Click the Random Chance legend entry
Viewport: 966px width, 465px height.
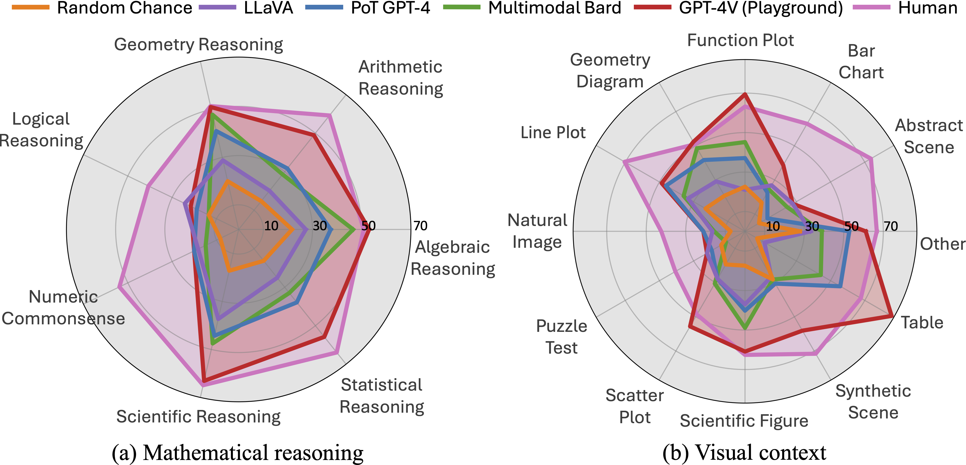point(102,8)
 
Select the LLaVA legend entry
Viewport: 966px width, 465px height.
point(246,8)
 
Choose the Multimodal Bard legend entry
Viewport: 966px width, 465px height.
point(532,8)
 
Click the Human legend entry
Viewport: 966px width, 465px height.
point(905,8)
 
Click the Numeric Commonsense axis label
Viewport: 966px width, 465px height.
point(63,307)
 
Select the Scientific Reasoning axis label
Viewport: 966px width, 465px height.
point(198,417)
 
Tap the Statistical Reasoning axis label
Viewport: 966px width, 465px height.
point(382,396)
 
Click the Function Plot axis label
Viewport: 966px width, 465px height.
point(740,40)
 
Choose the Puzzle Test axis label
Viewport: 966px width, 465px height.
point(561,337)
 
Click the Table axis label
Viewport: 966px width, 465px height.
point(922,322)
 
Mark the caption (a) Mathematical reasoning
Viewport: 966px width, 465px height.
point(238,452)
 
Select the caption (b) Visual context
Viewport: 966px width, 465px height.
point(744,452)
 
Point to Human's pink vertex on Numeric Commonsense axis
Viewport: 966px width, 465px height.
point(119,287)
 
